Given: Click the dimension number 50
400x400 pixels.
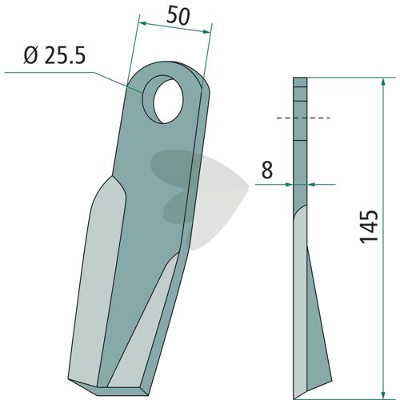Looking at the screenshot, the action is (178, 17).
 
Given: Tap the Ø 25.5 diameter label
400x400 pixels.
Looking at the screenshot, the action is (54, 55).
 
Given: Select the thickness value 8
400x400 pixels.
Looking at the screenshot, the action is (267, 170).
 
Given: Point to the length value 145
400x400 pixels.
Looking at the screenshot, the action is (369, 226).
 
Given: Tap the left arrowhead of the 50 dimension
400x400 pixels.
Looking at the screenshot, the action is (144, 24).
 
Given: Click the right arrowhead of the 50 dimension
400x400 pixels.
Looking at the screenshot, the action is (206, 31).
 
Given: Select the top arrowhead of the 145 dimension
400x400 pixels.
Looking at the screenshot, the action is (383, 82).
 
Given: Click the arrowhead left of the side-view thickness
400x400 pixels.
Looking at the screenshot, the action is (289, 184).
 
